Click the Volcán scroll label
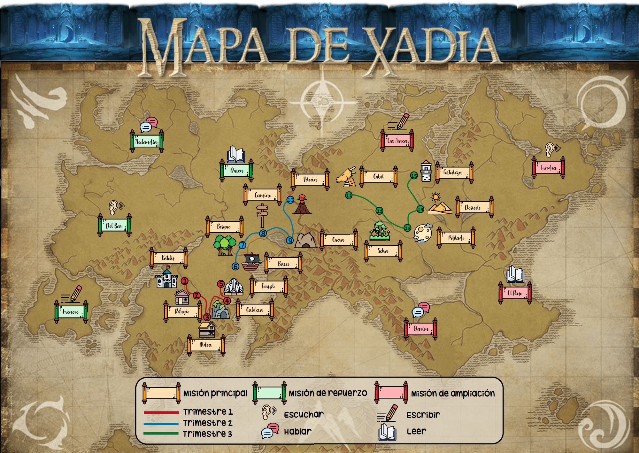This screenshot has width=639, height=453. (310, 180)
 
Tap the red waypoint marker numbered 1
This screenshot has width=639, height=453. (185, 281)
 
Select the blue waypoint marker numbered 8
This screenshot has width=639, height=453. (263, 234)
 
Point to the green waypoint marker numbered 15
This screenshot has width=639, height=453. (414, 175)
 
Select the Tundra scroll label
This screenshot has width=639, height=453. (548, 168)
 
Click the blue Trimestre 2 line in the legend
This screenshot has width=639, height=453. (161, 424)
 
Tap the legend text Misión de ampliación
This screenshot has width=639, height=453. (453, 394)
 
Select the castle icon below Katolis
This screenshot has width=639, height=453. (166, 279)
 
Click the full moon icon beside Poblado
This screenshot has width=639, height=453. (423, 234)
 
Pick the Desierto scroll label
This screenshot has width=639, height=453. (473, 208)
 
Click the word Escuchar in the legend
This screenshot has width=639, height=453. (304, 415)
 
